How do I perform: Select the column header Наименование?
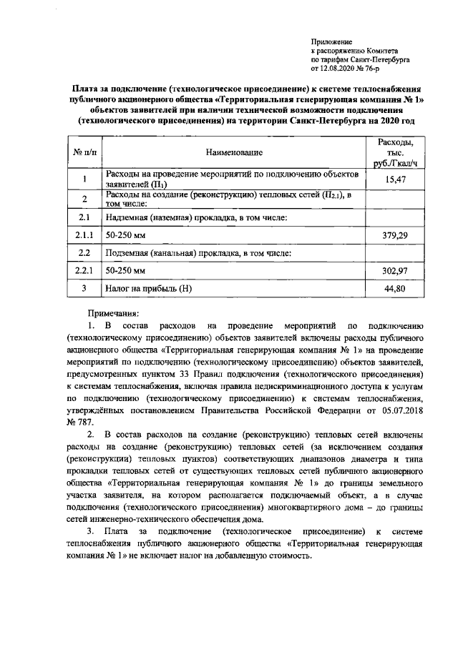click(234, 152)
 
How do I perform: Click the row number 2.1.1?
click(84, 234)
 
